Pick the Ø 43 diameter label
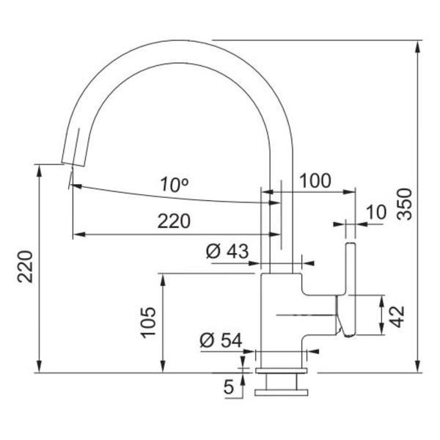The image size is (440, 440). [228, 251]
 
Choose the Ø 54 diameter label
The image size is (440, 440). [221, 340]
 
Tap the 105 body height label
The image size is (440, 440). [148, 323]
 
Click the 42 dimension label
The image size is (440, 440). [397, 315]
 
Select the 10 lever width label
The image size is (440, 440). [375, 212]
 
